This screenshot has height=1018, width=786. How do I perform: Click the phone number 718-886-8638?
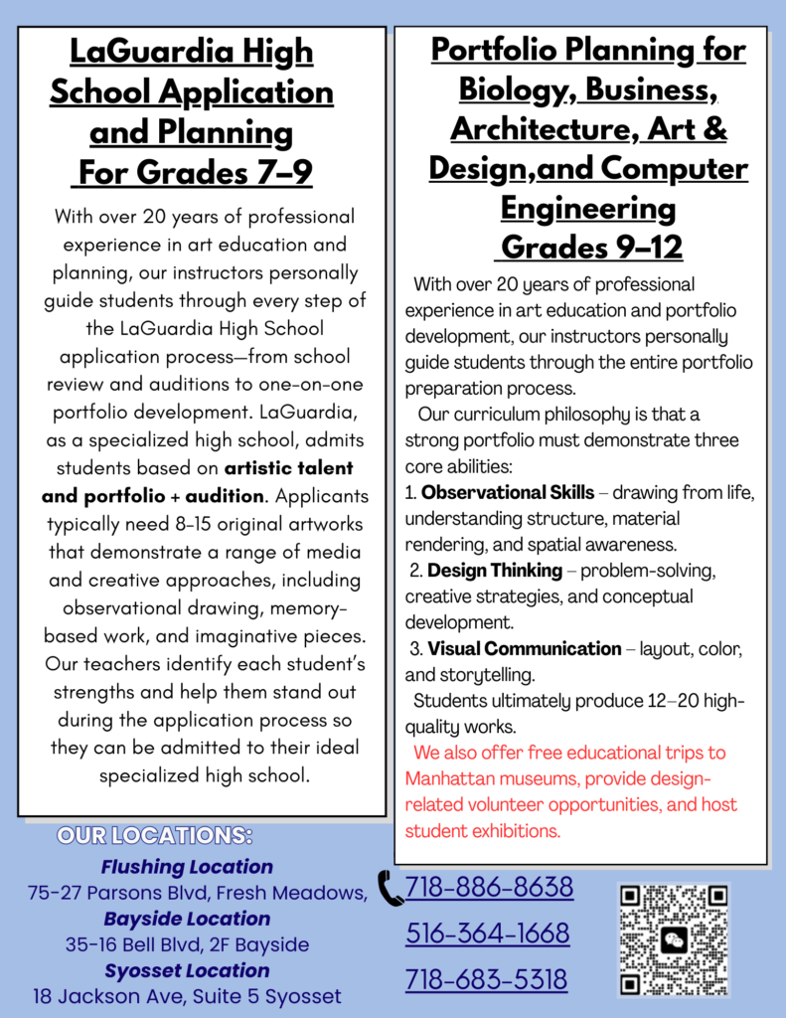tap(489, 886)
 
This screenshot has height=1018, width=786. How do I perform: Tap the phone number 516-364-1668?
tap(487, 933)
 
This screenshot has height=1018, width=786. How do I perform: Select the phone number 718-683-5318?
tap(487, 980)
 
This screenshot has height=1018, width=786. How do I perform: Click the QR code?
tap(674, 940)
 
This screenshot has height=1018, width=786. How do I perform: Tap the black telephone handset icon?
tap(391, 888)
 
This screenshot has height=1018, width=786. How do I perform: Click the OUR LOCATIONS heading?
tap(155, 835)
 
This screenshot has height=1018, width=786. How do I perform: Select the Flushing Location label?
tap(187, 867)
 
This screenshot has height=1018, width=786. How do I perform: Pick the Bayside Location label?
tap(187, 919)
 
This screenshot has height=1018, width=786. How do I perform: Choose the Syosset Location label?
tap(187, 970)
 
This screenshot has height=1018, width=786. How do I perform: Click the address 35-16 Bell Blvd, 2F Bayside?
tap(187, 944)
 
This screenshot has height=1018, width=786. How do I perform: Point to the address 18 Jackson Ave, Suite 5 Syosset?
tap(187, 996)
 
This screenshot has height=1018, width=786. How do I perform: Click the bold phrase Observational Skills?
tap(508, 493)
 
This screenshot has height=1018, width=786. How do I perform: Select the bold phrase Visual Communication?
tap(525, 648)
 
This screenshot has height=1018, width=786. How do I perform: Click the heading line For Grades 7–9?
tap(195, 173)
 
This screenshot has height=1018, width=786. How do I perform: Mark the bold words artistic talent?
tap(288, 467)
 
